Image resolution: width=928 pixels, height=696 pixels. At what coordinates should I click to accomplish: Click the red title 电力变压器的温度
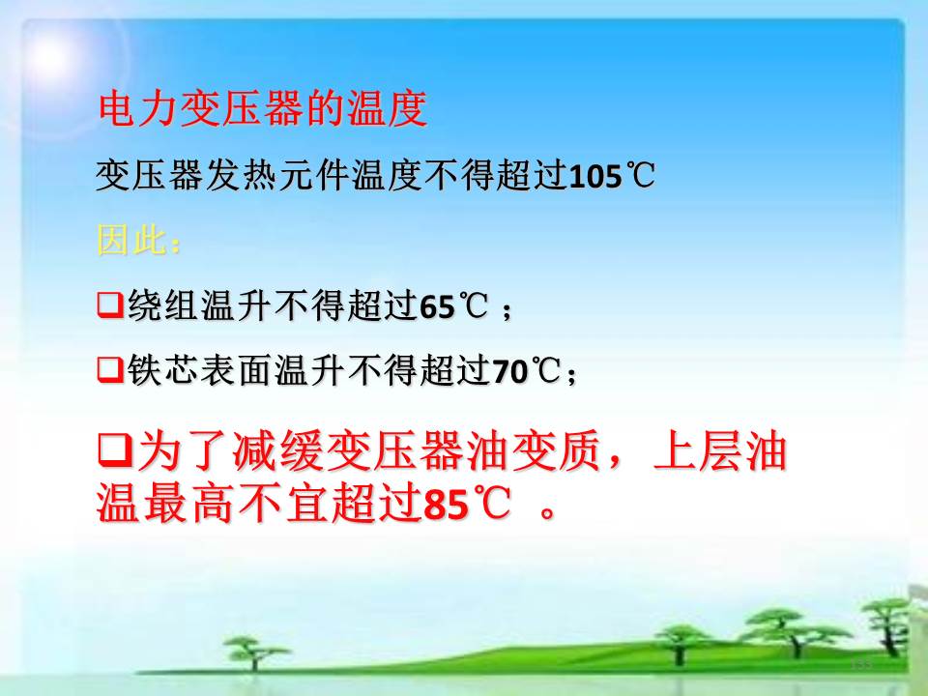point(262,108)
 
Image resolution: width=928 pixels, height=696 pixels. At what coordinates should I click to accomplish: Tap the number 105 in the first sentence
point(594,176)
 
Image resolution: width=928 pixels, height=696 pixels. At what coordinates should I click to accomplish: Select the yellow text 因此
point(130,241)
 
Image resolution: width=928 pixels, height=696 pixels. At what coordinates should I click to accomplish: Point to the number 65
point(437,306)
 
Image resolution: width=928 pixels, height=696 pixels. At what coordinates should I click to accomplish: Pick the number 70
point(509,371)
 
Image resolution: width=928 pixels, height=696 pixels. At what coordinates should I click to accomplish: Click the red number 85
point(447,505)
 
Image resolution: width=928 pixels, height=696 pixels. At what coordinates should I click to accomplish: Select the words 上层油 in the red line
point(719,451)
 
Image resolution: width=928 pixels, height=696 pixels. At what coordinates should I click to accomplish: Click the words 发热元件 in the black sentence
point(277,176)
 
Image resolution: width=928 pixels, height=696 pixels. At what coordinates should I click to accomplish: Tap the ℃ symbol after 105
point(639,176)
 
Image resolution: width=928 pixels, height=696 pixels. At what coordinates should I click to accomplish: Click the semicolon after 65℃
point(507,309)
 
